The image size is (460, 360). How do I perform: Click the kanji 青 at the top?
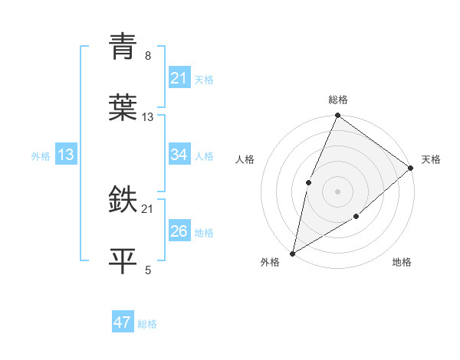(x=123, y=47)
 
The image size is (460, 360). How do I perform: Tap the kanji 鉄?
(x=123, y=199)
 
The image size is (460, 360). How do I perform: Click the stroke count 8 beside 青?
(x=147, y=56)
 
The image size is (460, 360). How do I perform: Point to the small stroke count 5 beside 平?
(x=148, y=270)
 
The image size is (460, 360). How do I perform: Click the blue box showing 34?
(x=179, y=155)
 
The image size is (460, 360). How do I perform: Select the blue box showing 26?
(x=179, y=231)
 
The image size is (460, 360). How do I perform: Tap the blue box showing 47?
(x=123, y=322)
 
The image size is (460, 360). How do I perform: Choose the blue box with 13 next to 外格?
(x=66, y=155)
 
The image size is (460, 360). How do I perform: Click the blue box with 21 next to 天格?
(x=179, y=78)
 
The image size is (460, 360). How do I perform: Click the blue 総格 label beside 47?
(x=147, y=324)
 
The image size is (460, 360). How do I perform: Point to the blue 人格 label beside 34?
(x=204, y=155)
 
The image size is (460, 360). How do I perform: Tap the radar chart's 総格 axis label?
(x=338, y=100)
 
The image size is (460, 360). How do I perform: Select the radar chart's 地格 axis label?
(x=402, y=263)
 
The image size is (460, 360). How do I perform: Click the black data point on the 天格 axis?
(x=411, y=168)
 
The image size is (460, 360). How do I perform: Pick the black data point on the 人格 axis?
(x=308, y=182)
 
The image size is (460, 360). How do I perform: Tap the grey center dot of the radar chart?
(x=338, y=191)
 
